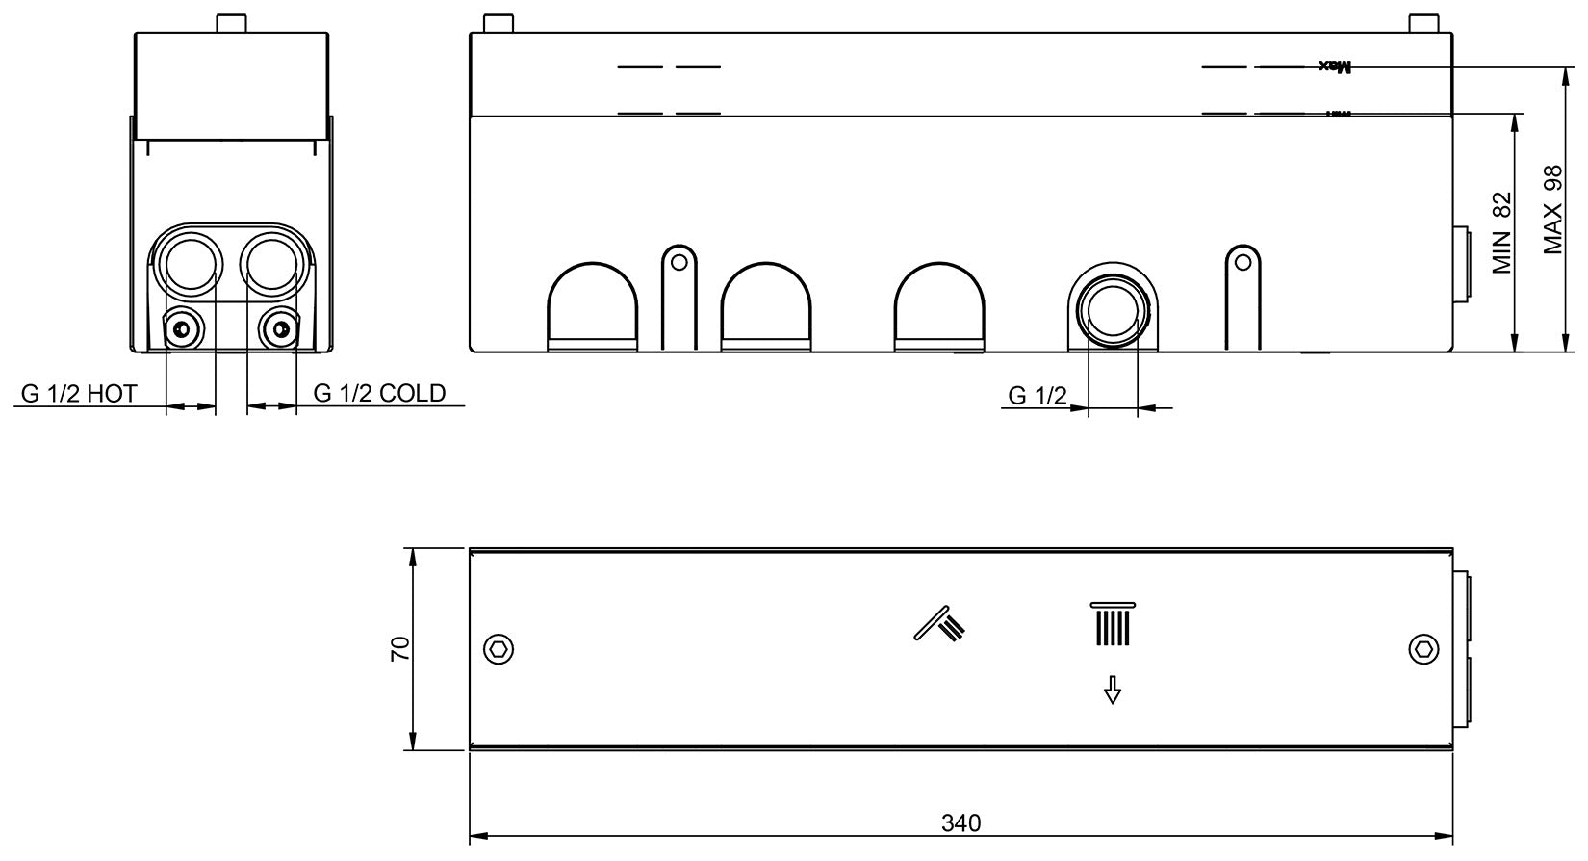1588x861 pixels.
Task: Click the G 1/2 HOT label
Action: pos(80,393)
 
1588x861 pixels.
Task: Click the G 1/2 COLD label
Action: pos(379,393)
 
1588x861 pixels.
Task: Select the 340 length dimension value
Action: pos(960,823)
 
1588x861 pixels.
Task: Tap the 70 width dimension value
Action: pos(400,648)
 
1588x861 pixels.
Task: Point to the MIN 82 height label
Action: pos(1502,233)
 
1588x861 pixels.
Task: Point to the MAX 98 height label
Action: pos(1552,210)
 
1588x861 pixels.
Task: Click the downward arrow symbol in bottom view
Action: pos(1113,690)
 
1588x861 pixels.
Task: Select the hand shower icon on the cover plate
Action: pos(939,623)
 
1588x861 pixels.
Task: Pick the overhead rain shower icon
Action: pos(1113,624)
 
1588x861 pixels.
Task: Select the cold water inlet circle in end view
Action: pos(271,262)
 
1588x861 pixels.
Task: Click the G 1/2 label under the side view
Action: pos(1037,395)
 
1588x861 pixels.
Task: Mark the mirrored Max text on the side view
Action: pos(1336,66)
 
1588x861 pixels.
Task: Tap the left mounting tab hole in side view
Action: pos(679,261)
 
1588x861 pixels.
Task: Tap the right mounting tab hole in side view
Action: pos(1242,261)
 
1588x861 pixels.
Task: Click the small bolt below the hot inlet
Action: pos(181,330)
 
